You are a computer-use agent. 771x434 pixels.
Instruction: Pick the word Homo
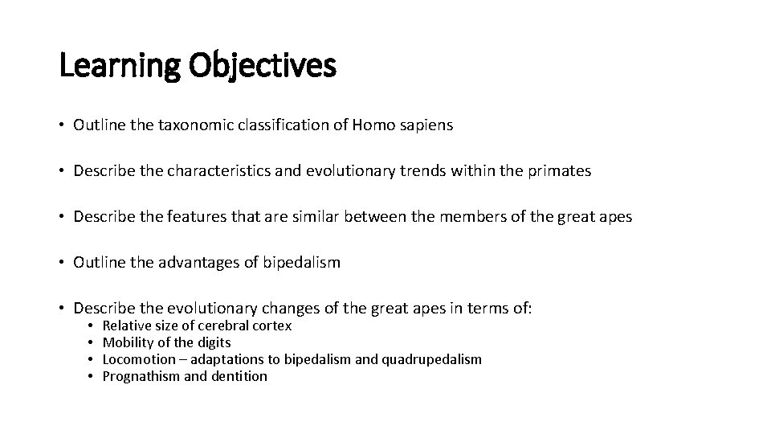click(372, 125)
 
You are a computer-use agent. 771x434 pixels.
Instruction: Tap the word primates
click(561, 172)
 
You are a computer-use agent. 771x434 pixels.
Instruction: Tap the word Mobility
click(128, 343)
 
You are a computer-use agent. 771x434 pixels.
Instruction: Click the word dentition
click(239, 376)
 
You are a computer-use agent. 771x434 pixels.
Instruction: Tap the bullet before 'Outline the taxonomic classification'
click(62, 126)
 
